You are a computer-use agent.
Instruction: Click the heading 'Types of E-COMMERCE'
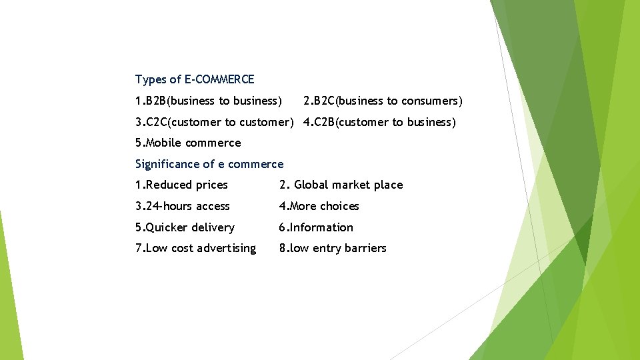195,80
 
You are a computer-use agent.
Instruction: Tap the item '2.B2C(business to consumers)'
383,101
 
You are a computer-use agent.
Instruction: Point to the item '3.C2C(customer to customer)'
214,123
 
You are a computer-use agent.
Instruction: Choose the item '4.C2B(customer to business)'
379,123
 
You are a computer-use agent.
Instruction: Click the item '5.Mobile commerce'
188,143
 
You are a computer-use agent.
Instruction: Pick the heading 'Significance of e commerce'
209,165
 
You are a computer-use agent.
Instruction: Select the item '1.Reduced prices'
181,185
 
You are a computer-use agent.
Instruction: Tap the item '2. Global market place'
341,185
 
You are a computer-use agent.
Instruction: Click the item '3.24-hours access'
183,207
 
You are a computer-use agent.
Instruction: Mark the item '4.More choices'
319,207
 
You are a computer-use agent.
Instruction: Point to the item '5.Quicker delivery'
185,228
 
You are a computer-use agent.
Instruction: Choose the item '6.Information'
316,228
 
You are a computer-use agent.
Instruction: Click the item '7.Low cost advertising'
195,249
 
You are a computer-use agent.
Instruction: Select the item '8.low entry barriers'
333,249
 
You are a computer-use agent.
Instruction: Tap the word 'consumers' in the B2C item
430,101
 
